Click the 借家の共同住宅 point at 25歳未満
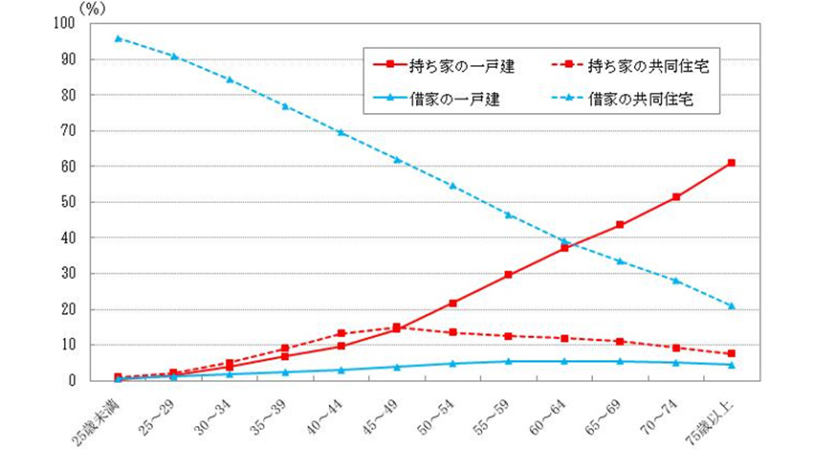118,38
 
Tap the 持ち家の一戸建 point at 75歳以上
732,163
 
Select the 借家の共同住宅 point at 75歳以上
732,306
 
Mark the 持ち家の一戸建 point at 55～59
508,275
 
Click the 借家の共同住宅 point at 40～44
341,132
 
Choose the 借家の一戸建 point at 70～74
676,363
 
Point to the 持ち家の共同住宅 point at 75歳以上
732,353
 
